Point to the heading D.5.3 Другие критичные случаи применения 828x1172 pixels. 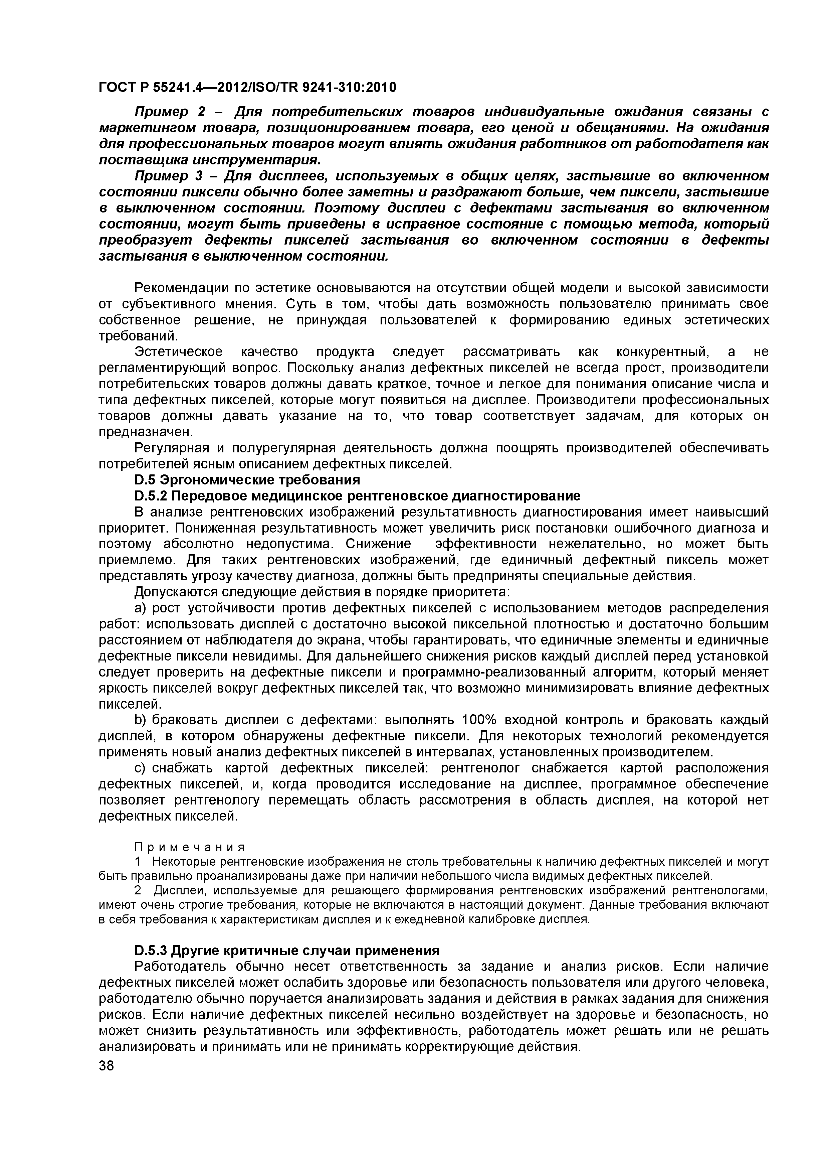(x=287, y=950)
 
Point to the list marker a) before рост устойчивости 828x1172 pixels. (x=140, y=608)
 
